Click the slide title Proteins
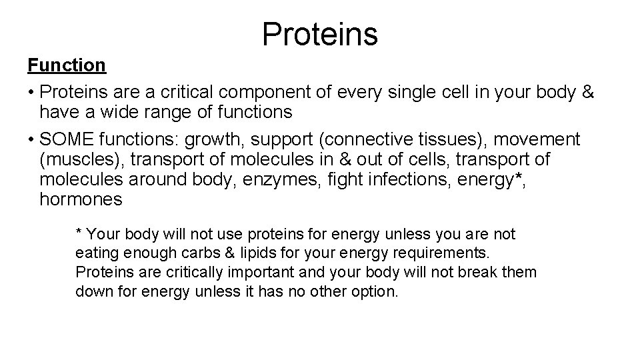[320, 33]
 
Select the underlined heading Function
[66, 65]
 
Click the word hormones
[81, 199]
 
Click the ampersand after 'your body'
[588, 92]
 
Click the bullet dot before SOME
[31, 140]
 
